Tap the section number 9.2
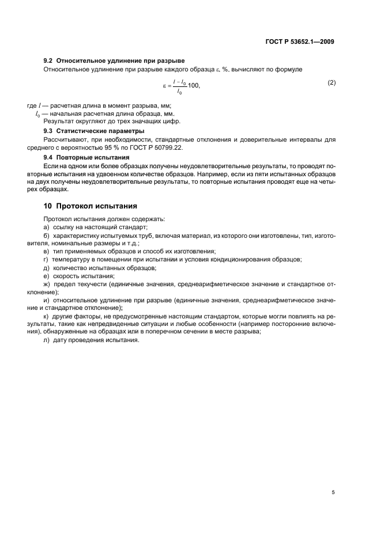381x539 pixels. [49, 60]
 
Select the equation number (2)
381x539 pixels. [331, 82]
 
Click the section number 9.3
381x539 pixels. [49, 131]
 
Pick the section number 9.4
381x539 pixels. [49, 157]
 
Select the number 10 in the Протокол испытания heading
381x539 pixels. [48, 206]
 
